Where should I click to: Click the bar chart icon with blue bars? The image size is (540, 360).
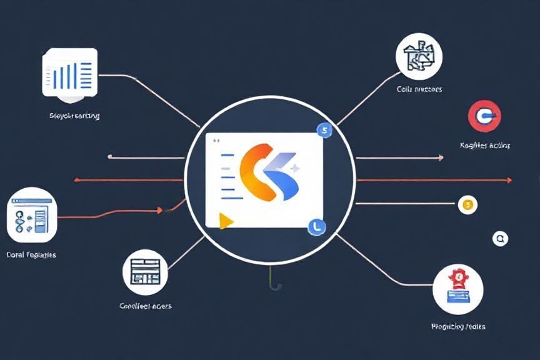pos(69,72)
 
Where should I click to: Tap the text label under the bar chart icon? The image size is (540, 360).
pos(74,116)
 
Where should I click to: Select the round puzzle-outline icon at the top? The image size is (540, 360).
pos(419,56)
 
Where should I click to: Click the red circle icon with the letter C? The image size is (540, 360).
pos(484,116)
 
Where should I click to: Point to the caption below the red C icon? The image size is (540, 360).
pos(485,145)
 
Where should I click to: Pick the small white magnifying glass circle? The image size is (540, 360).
pos(500,238)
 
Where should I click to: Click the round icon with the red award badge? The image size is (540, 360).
pos(458,288)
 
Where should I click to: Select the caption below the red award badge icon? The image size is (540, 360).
pos(458,326)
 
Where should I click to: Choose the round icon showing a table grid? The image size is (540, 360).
pos(146,272)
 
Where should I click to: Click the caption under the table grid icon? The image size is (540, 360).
pos(145,306)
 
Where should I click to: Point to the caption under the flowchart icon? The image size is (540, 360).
pos(31,255)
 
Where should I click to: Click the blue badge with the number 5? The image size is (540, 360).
pos(324,130)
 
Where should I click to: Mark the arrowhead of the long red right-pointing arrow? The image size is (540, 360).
pos(509,180)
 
